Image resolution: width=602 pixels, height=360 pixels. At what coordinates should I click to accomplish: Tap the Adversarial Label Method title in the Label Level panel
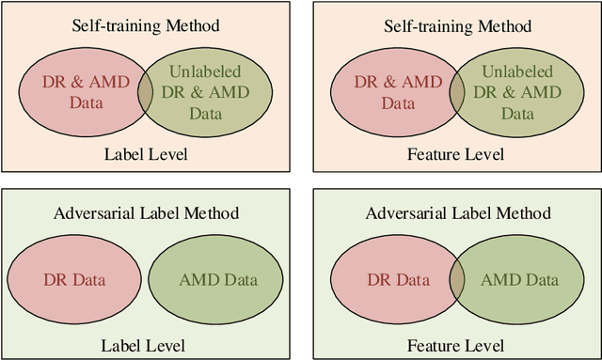[146, 212]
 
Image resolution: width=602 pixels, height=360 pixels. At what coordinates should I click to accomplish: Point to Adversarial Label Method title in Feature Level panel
[455, 212]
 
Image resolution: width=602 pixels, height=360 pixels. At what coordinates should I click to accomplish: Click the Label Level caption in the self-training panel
[146, 153]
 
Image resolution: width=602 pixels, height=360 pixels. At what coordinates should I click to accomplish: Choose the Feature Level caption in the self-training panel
[455, 153]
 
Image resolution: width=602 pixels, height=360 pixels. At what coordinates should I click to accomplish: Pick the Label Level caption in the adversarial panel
[146, 344]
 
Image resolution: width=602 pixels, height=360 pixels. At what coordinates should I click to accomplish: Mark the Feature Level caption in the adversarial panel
[455, 344]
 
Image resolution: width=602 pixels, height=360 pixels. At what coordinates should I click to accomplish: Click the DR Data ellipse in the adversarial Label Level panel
[74, 279]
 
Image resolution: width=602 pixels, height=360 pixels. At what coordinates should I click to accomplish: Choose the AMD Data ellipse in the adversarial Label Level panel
[217, 279]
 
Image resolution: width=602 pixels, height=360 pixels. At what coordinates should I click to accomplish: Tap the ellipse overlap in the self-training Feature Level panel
[455, 90]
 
